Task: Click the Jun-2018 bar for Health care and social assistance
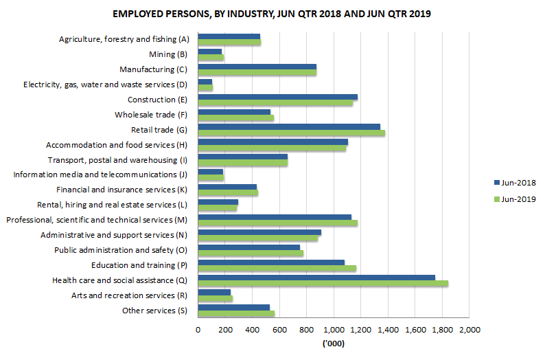316,277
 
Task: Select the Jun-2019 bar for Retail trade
291,133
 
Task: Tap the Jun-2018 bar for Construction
277,97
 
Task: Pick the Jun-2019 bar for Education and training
277,268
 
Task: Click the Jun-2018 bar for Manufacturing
257,67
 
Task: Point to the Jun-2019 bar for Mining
211,58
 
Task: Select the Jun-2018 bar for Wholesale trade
234,112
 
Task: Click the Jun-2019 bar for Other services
236,313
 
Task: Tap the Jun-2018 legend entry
514,183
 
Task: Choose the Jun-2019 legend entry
514,199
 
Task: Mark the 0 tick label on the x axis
198,330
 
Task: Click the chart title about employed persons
272,14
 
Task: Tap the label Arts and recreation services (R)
130,295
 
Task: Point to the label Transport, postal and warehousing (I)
117,160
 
